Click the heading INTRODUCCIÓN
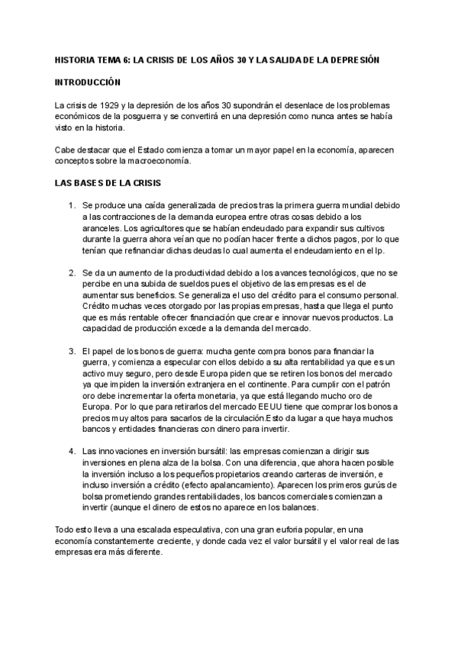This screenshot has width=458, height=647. coord(89,81)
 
